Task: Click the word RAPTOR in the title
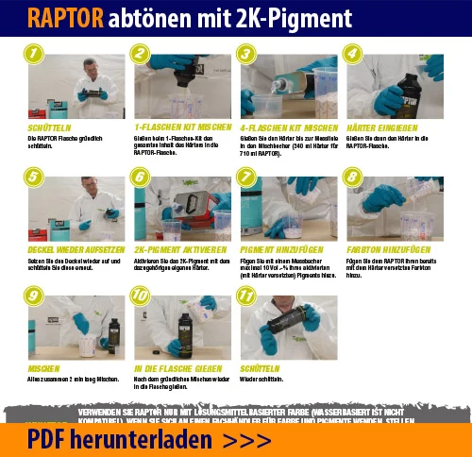coord(65,19)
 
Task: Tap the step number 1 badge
coord(34,55)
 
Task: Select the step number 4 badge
coord(353,55)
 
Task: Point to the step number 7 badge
coord(246,178)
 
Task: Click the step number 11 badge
coord(247,296)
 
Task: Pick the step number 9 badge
coord(34,296)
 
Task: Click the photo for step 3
coord(288,85)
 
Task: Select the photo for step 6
coord(181,206)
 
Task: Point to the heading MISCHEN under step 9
coord(44,369)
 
